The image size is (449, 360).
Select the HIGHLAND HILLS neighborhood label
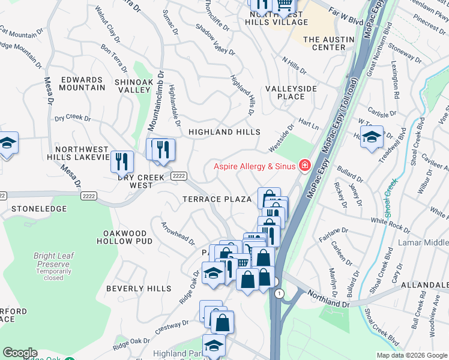pyautogui.click(x=224, y=132)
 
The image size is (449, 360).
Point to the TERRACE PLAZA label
pyautogui.click(x=217, y=199)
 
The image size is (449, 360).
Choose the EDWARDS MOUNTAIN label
pyautogui.click(x=82, y=83)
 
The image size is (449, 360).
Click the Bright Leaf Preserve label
pyautogui.click(x=53, y=260)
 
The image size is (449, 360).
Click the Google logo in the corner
pyautogui.click(x=20, y=353)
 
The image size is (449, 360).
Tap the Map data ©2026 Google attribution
pyautogui.click(x=411, y=355)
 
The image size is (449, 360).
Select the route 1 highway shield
pyautogui.click(x=280, y=293)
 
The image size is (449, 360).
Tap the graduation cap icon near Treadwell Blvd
pyautogui.click(x=372, y=137)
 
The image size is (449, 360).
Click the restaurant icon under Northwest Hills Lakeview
pyautogui.click(x=121, y=161)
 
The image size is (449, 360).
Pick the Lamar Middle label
pyautogui.click(x=423, y=244)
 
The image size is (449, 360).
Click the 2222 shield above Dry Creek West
pyautogui.click(x=178, y=175)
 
